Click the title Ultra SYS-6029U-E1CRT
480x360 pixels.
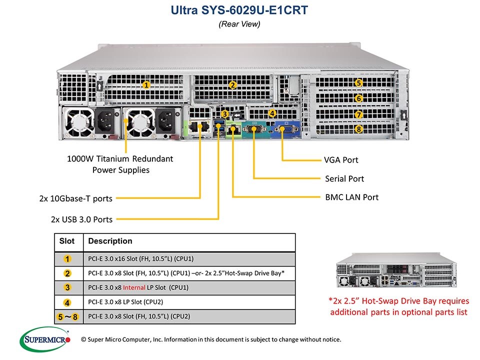point(239,9)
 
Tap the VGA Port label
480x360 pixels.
point(341,160)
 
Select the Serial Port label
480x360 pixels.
point(344,178)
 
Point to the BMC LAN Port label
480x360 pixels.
point(351,197)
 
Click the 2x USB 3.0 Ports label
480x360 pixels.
point(81,219)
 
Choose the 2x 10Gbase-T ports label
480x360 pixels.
point(75,198)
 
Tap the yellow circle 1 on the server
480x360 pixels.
point(145,84)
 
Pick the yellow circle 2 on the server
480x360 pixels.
point(232,84)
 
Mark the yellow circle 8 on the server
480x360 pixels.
point(358,129)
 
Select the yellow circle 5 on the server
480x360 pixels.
point(358,83)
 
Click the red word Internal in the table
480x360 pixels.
point(133,287)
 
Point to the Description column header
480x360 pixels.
point(110,241)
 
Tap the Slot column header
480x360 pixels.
point(67,241)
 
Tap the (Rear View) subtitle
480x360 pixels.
point(239,23)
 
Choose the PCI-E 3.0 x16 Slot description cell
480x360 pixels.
point(140,258)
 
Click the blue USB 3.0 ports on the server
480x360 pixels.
point(218,128)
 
